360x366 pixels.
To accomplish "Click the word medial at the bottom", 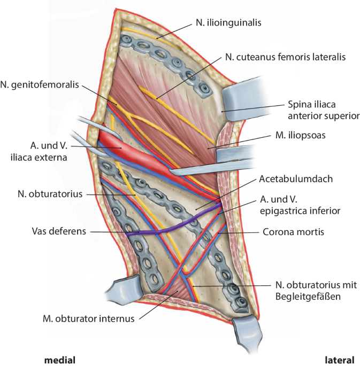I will (x=59, y=359).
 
